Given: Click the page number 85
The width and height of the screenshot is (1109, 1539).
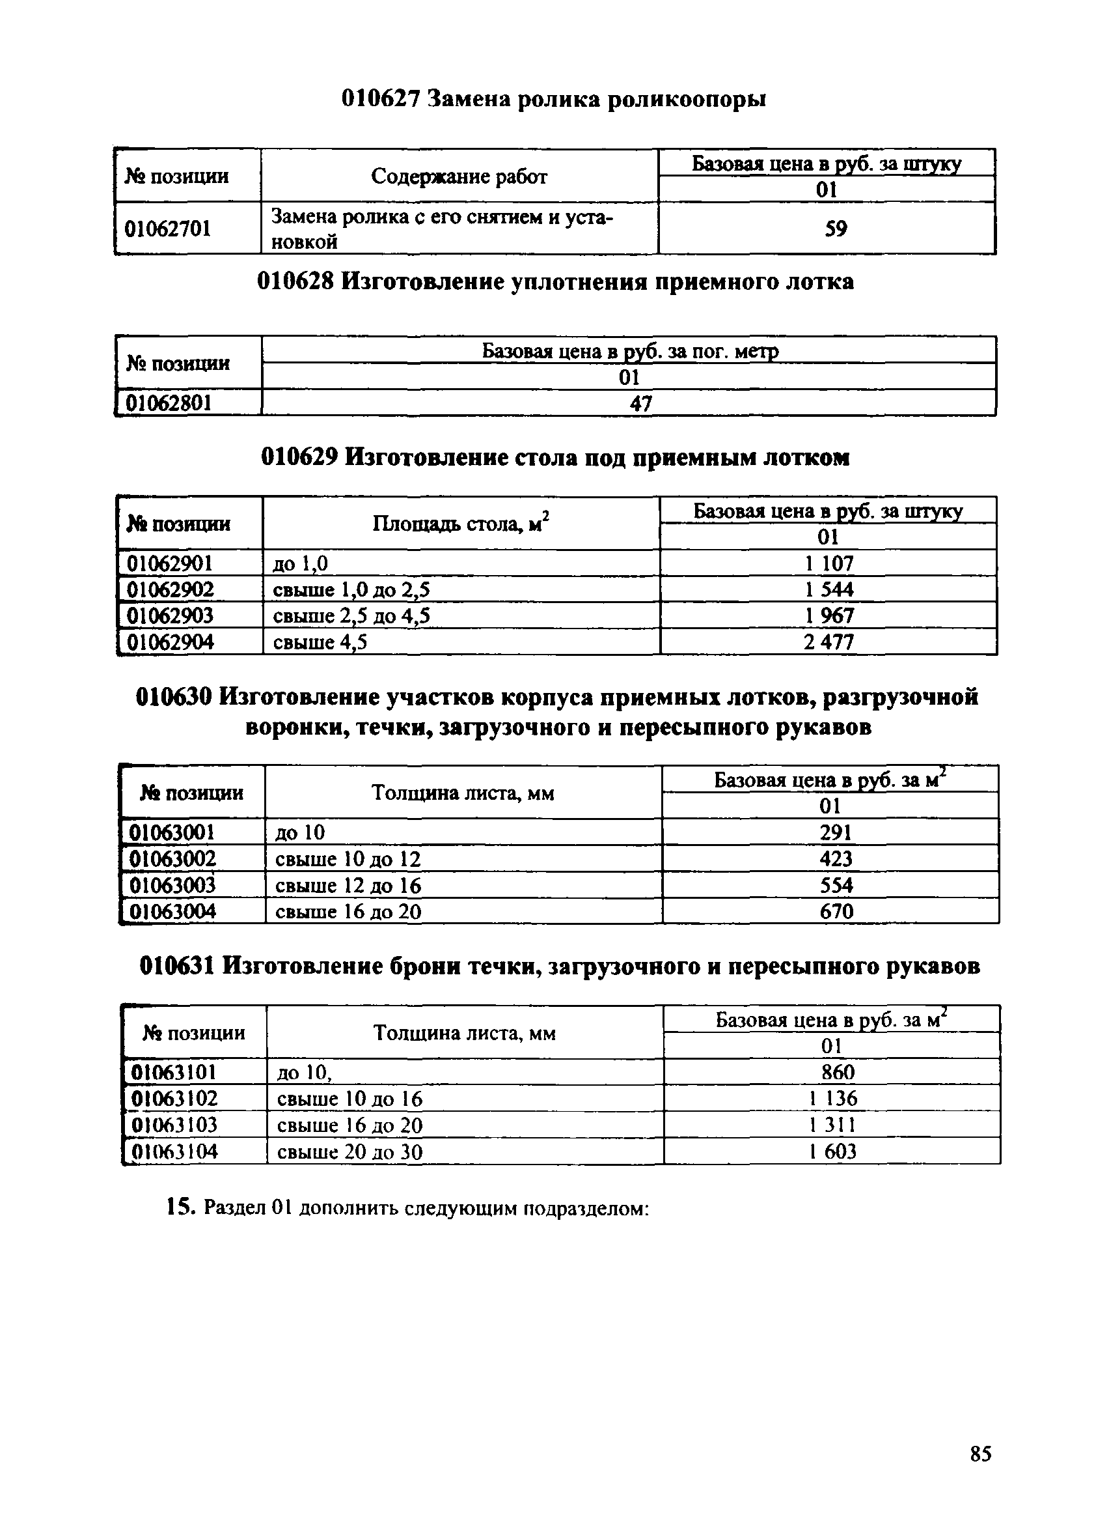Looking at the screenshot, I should (980, 1454).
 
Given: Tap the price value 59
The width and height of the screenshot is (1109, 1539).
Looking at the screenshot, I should (835, 229).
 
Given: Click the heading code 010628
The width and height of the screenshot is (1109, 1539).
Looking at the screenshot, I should (295, 281).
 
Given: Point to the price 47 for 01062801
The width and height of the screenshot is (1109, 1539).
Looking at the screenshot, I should (640, 404).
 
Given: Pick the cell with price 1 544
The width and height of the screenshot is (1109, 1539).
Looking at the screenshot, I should (829, 589).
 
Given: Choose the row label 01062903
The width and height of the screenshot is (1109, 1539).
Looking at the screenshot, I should (171, 615).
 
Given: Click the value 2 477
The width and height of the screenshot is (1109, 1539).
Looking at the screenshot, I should (828, 642).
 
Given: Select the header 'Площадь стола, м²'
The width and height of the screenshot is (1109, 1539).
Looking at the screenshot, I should (461, 523).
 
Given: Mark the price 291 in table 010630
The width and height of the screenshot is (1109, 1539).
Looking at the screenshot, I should (835, 832).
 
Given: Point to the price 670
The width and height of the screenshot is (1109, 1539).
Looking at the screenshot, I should (836, 911).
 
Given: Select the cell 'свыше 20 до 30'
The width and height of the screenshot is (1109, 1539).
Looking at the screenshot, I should (350, 1151).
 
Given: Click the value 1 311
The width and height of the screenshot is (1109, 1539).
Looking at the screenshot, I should (832, 1125).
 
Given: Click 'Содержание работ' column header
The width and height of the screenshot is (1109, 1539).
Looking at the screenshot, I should (459, 176).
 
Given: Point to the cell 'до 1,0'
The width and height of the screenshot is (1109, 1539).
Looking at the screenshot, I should (300, 563).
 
